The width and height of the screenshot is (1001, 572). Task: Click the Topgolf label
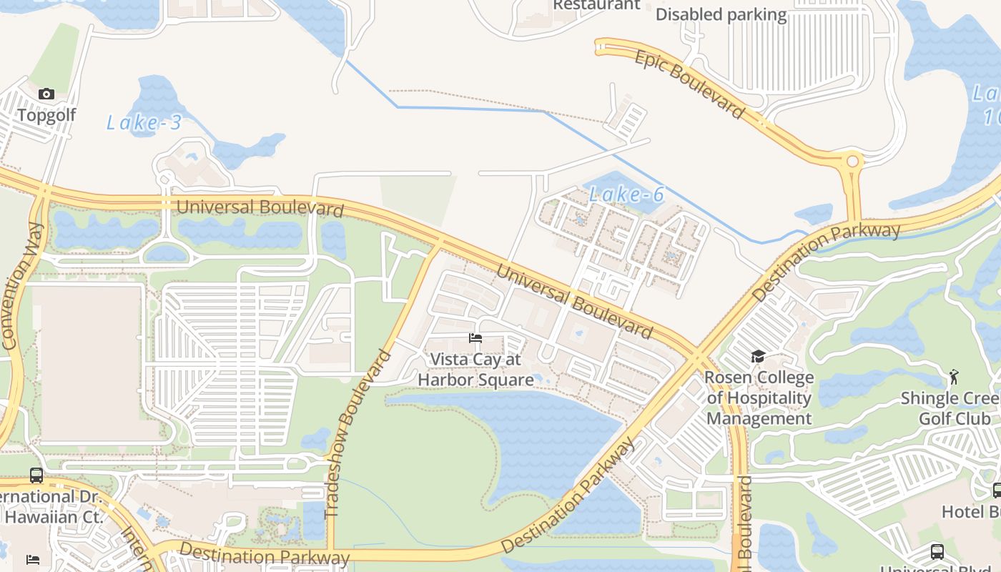(46, 115)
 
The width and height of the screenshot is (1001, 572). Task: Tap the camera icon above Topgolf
(46, 94)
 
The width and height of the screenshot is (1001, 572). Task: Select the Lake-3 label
(144, 123)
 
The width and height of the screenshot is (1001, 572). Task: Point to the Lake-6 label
(627, 194)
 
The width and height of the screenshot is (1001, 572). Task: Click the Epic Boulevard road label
(689, 84)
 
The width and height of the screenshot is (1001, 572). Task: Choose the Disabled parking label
(721, 15)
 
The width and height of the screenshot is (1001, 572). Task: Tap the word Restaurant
(596, 5)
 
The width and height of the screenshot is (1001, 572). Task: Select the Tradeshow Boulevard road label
(359, 433)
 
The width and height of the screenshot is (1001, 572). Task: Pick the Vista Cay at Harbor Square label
(475, 370)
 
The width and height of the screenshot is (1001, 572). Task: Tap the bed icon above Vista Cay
(475, 338)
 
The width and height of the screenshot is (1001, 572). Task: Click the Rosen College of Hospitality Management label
(759, 398)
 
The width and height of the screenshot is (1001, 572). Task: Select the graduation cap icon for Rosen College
(758, 356)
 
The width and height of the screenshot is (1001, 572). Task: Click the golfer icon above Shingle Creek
(954, 375)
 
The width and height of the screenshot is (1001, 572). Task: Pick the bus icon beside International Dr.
(36, 475)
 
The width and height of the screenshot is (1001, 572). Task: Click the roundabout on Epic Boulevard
(852, 162)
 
